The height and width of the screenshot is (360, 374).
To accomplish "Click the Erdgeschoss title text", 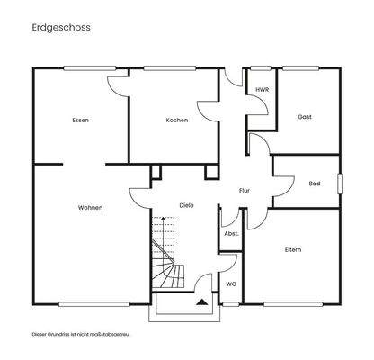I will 60,28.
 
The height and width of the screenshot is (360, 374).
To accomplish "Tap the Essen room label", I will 81,120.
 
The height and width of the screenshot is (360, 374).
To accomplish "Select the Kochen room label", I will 176,120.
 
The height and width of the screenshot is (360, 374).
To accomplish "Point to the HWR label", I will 263,91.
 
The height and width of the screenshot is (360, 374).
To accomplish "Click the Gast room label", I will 305,117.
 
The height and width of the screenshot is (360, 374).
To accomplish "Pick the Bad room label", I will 314,184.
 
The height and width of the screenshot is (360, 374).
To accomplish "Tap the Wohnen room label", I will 90,208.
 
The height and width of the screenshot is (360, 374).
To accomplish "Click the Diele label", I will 186,205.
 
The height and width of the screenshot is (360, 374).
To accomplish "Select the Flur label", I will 244,191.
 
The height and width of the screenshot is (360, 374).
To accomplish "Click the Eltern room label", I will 292,249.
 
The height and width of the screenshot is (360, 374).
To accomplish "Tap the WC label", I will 230,283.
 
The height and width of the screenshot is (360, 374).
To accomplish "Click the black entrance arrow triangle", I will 201,303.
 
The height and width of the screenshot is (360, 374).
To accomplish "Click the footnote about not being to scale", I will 81,334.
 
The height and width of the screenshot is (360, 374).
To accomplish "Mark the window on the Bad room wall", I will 341,183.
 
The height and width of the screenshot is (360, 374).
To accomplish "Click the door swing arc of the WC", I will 227,263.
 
